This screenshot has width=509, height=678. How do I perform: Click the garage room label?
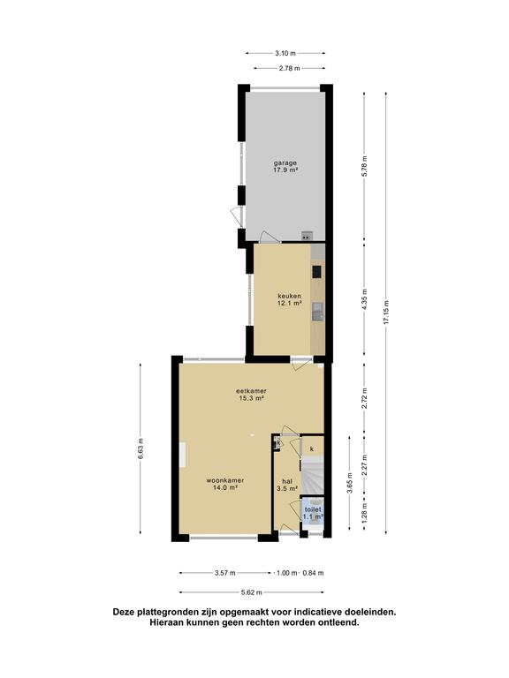(x=285, y=167)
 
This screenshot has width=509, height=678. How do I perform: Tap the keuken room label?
(x=289, y=299)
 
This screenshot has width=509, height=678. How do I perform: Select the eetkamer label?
(x=251, y=395)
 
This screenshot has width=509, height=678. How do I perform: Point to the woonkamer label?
(x=225, y=484)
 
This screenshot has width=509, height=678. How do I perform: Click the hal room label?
(x=287, y=485)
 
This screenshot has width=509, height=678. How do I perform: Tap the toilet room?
(x=313, y=513)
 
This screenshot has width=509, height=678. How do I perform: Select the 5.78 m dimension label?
(x=364, y=166)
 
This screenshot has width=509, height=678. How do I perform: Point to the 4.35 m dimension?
(x=364, y=299)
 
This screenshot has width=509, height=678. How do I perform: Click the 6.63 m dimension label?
(x=141, y=448)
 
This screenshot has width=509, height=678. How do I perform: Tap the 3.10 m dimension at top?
(x=285, y=53)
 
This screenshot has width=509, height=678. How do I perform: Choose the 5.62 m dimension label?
(x=252, y=592)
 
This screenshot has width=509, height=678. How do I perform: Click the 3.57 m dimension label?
(x=225, y=573)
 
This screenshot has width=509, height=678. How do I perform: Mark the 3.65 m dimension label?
(x=350, y=482)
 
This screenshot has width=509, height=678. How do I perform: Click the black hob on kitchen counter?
(x=317, y=272)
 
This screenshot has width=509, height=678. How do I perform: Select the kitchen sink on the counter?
(x=318, y=312)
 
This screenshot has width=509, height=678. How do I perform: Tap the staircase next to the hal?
(x=312, y=477)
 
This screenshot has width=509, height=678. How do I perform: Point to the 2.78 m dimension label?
(x=290, y=68)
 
